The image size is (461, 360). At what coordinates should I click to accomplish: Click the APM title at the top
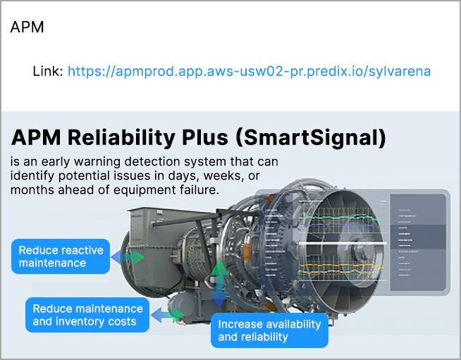click(x=27, y=27)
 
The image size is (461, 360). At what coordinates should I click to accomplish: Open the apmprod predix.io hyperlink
click(x=249, y=71)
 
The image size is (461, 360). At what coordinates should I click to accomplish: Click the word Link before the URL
click(x=48, y=71)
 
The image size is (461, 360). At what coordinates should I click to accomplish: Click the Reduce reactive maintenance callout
click(x=61, y=256)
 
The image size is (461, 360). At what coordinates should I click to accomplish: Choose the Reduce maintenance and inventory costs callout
click(x=87, y=316)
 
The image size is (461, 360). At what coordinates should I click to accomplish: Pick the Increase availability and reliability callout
click(x=269, y=330)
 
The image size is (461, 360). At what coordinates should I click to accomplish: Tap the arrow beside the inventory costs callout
click(x=166, y=315)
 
